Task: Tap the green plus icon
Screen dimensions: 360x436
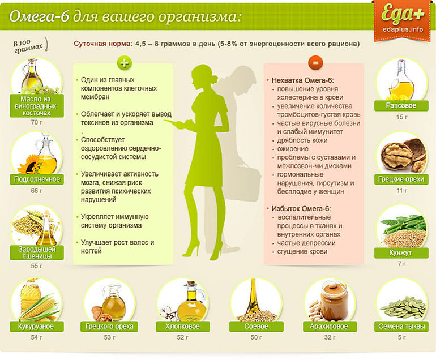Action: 123,62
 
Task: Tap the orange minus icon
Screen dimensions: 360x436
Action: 314,62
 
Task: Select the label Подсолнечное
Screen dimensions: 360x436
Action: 36,179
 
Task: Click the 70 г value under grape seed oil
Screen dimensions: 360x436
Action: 36,122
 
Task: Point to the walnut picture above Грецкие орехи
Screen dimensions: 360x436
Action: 402,155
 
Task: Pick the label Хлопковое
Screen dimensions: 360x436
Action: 182,327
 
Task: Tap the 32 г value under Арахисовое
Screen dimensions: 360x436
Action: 328,338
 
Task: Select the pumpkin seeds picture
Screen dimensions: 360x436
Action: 401,306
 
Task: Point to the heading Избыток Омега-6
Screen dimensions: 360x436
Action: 301,209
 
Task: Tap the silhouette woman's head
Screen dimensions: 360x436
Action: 203,75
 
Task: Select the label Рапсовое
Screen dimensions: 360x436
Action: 401,106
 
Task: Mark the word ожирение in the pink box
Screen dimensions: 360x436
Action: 290,148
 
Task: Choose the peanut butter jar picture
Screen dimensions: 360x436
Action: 328,300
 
